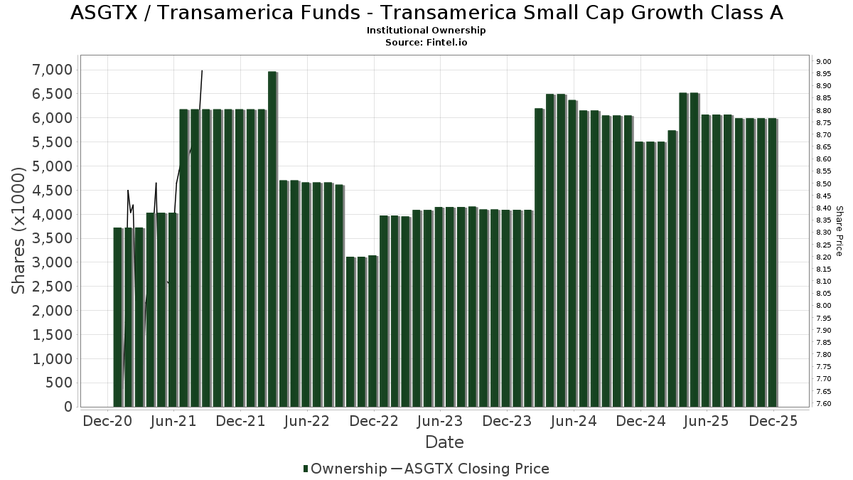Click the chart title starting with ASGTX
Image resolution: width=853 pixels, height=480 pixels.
point(426,13)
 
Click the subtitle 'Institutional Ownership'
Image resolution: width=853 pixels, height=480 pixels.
point(426,31)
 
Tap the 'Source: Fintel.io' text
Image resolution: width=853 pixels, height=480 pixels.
point(426,43)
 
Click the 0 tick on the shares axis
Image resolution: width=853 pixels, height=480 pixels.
point(68,407)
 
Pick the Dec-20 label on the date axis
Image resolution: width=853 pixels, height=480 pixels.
point(107,421)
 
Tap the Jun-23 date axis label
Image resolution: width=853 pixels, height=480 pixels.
point(440,421)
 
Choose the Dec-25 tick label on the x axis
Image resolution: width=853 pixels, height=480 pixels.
point(774,421)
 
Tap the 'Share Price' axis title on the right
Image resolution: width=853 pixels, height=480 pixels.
point(839,230)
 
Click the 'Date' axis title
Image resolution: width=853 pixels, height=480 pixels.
point(444,442)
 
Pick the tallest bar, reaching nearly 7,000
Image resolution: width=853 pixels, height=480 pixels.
point(272,238)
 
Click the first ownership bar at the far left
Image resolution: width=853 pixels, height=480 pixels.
point(117,316)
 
